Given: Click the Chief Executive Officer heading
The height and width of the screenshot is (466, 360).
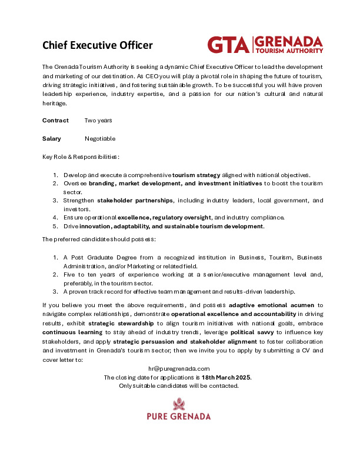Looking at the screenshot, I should (98, 45).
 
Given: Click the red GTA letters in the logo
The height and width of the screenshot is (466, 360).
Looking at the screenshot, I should (228, 45).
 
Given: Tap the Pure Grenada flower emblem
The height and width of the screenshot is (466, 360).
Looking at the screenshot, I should (179, 404).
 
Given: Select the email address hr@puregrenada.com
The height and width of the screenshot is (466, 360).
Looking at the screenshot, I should (179, 368).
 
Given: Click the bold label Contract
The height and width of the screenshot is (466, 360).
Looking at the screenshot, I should (55, 121).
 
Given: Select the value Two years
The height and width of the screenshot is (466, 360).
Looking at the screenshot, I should (98, 121).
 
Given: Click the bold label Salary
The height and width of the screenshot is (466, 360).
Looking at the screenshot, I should (52, 139).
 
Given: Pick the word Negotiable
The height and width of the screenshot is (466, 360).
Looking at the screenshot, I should (100, 139).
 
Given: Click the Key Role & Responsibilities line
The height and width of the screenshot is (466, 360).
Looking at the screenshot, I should (81, 157).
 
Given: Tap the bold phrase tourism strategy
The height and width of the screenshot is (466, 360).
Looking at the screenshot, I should (196, 175).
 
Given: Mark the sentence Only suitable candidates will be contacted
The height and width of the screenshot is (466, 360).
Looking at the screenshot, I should (179, 386).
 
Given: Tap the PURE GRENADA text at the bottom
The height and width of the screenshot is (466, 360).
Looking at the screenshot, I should (179, 417).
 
